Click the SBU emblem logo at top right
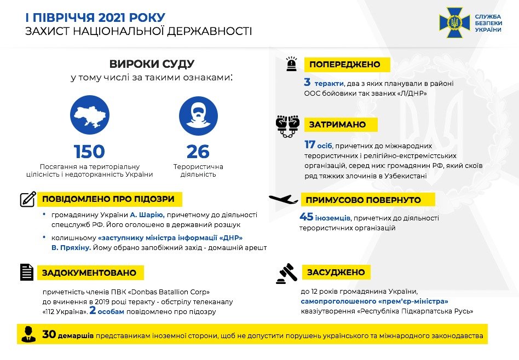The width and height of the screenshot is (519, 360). click(x=454, y=22)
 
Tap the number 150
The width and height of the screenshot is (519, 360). click(x=89, y=152)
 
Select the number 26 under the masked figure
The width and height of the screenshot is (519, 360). click(x=198, y=152)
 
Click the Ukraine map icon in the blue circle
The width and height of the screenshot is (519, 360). click(x=89, y=116)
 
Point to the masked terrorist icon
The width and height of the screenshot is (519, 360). click(x=198, y=116)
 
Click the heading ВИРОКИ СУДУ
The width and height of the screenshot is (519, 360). click(x=152, y=64)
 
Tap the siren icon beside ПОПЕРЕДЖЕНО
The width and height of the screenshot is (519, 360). click(x=290, y=65)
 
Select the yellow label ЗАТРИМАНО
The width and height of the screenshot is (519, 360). click(x=337, y=125)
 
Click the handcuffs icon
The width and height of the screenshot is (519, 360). click(x=287, y=126)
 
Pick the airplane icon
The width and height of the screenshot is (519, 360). click(x=283, y=199)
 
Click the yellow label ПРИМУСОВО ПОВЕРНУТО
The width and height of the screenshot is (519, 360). click(x=360, y=200)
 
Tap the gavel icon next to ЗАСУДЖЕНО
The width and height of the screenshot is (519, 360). click(x=286, y=273)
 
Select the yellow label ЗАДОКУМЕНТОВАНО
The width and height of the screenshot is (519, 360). click(x=89, y=272)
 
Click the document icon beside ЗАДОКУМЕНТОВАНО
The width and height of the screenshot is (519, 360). click(x=27, y=272)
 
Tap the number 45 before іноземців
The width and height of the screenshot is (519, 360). click(x=307, y=217)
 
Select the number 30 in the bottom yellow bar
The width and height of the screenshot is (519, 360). click(x=49, y=334)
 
